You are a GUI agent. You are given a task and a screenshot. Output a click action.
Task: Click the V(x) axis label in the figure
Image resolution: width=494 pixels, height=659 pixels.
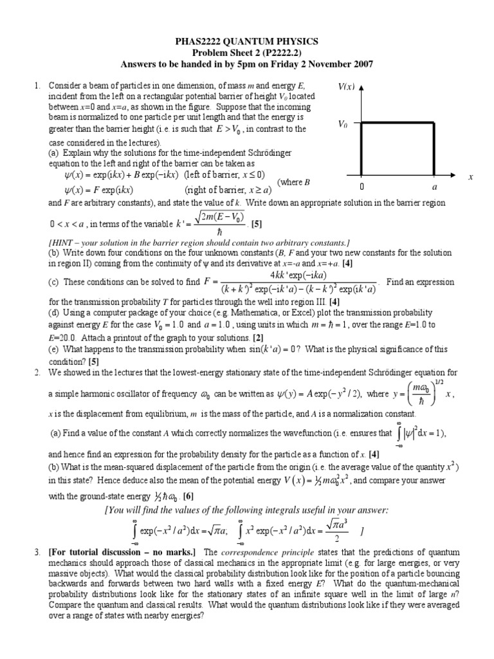(x=346, y=86)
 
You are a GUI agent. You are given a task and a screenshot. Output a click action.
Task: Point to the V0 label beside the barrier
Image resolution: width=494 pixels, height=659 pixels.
(x=343, y=125)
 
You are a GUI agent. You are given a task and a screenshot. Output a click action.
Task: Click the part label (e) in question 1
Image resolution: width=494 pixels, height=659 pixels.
(x=54, y=349)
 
